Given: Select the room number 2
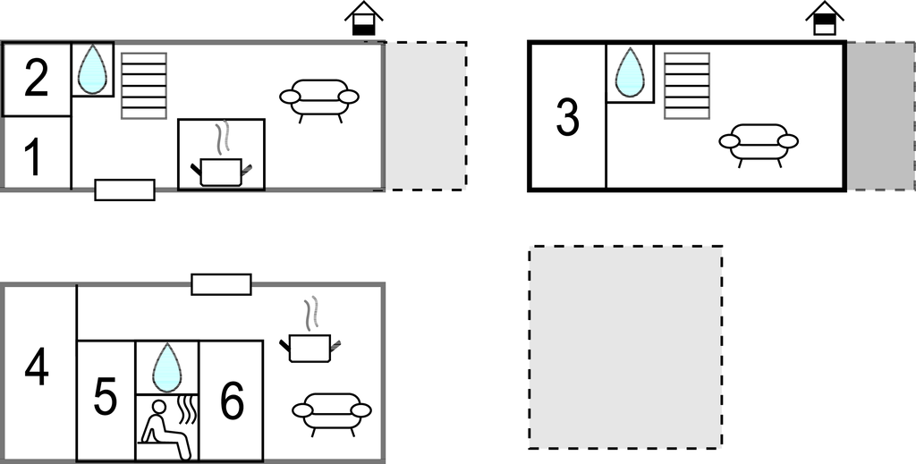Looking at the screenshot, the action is [36, 79].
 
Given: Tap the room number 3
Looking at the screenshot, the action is [567, 118].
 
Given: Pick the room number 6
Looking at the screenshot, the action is [232, 401].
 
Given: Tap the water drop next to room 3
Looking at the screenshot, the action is [629, 72].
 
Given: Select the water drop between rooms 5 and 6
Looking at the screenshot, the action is [167, 367].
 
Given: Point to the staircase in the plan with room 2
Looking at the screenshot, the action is [144, 86].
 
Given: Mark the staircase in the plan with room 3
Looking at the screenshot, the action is [687, 86].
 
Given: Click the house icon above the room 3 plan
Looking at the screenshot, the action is [825, 18].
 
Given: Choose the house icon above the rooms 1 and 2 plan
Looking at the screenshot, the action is [364, 18].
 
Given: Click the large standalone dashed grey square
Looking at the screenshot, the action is [625, 347].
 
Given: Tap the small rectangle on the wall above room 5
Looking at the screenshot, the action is [222, 284].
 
